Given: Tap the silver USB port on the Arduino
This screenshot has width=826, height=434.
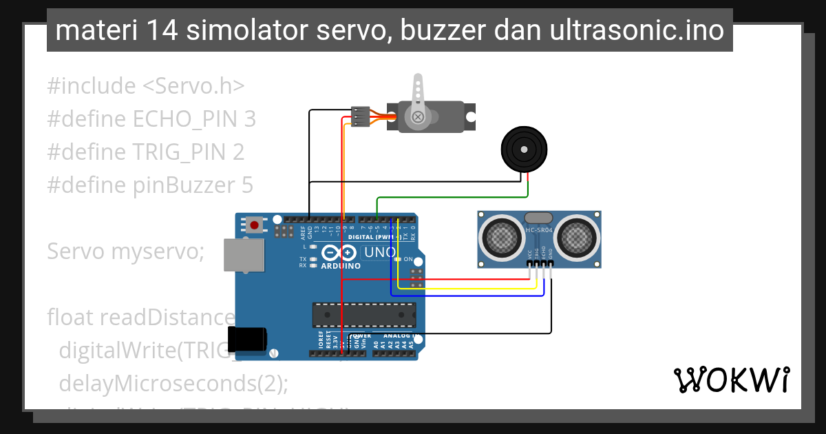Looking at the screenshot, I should pos(244,255).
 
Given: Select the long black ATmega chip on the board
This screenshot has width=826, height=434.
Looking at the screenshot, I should pos(364,314).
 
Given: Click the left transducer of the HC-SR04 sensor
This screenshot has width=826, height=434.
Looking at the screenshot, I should pos(502,238).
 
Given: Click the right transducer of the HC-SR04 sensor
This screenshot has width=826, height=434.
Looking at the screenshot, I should pos(576,238).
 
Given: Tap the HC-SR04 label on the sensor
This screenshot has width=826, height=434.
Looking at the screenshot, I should pos(540,229).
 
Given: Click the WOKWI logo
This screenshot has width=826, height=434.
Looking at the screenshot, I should pos(732,380).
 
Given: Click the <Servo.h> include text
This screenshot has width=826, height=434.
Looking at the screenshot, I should pos(193,86).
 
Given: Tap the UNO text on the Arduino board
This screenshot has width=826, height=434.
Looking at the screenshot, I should pos(379,253).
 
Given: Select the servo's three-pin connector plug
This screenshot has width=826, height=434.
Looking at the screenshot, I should pos(361,116).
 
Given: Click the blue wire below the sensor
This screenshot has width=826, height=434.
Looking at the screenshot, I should pos(468,296).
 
